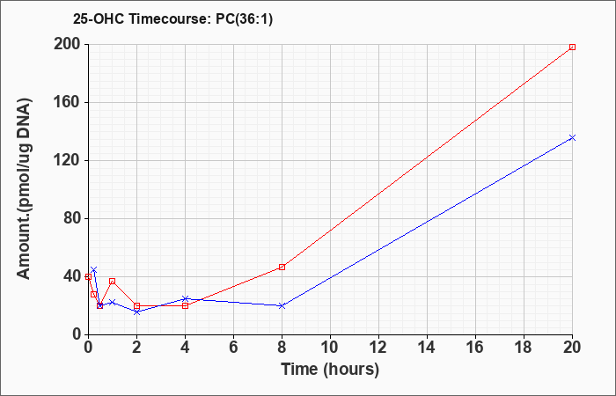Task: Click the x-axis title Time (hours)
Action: pos(330,369)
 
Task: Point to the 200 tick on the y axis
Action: pos(68,44)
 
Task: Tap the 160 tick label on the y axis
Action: pos(68,102)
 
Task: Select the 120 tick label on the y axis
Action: pos(68,160)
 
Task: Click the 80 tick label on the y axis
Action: pos(71,218)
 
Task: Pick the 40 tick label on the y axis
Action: pos(71,276)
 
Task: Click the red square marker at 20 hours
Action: pos(572,47)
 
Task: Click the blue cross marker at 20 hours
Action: pos(572,137)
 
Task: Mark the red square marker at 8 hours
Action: pos(282,267)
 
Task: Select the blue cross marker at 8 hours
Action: pos(282,305)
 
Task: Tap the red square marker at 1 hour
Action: pos(112,281)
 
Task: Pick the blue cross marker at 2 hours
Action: pos(136,312)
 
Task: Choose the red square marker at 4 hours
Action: pos(185,305)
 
